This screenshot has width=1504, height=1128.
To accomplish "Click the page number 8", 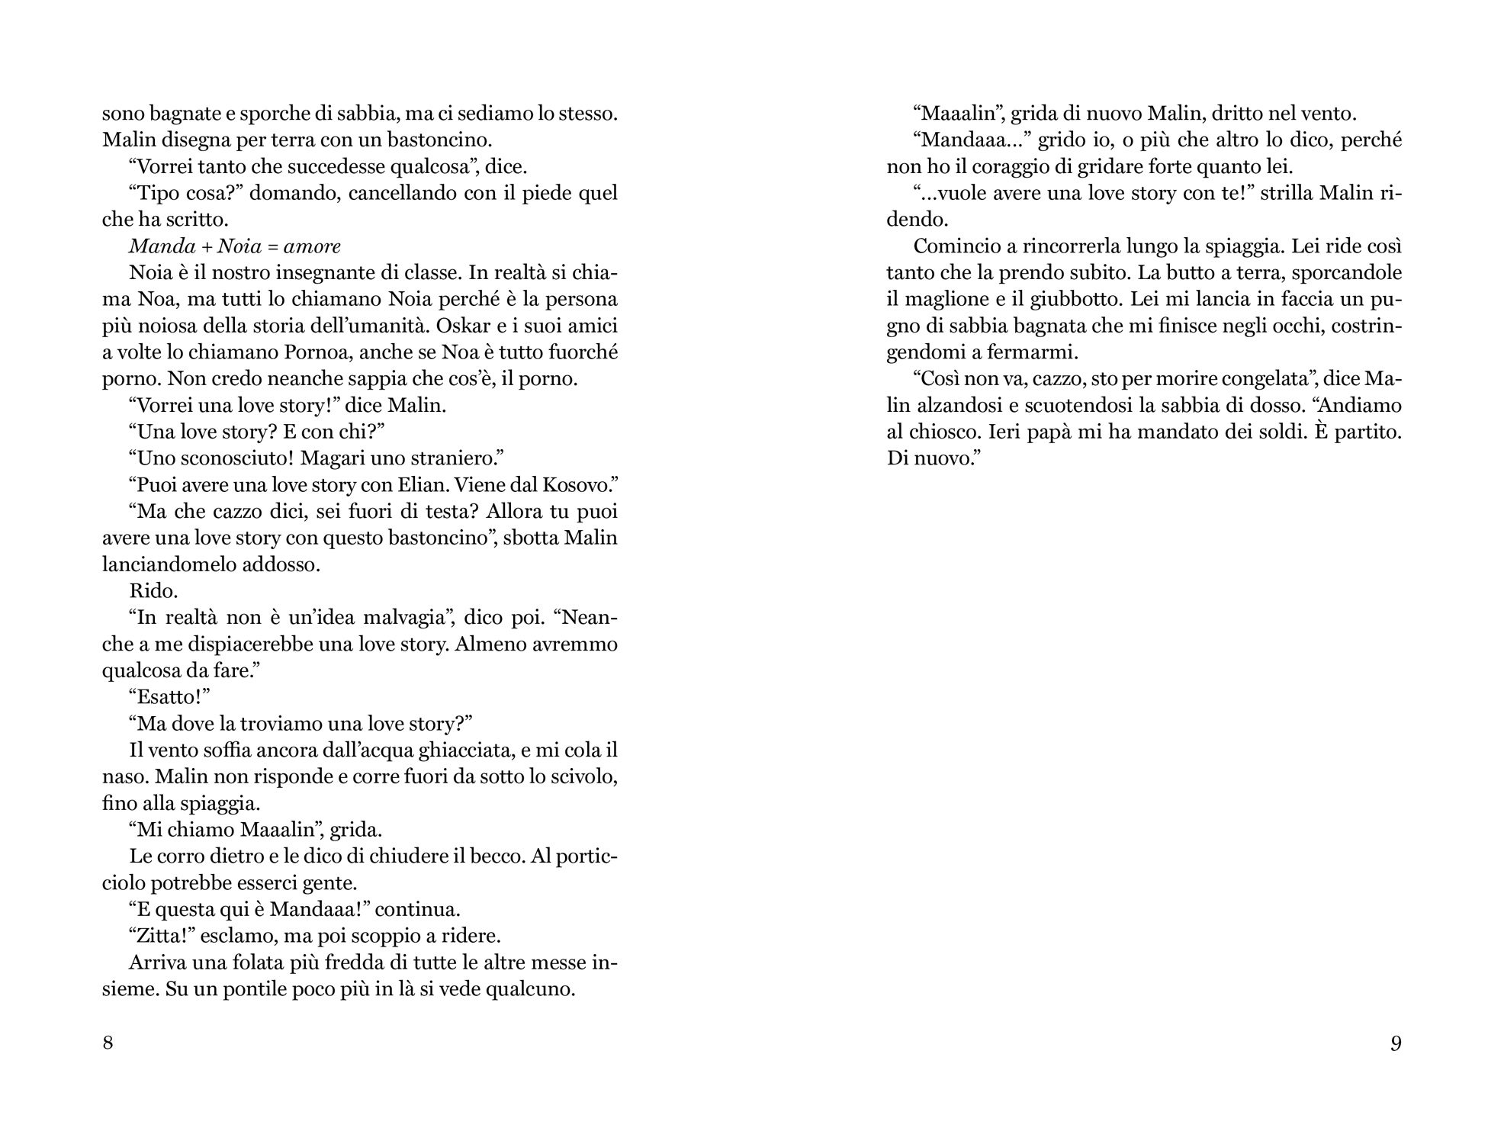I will click(108, 1043).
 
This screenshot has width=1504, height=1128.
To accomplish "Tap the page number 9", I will click(1396, 1043).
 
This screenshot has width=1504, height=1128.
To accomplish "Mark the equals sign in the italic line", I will click(272, 246).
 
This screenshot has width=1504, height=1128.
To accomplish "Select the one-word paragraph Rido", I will click(154, 591).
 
